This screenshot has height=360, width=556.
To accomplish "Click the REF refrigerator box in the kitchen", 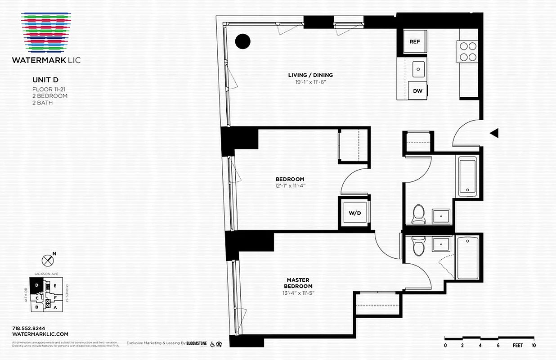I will pos(414,41).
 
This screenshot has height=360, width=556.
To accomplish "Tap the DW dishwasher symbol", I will pos(418,90).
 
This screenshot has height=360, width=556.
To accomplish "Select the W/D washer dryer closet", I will pos(353,212).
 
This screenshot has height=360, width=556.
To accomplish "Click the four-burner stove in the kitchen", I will pos(467,51).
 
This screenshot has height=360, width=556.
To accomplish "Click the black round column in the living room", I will pos(243,41).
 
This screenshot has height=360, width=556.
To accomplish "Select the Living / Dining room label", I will pos(310,75).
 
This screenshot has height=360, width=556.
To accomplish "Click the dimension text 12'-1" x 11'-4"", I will pos(290,185).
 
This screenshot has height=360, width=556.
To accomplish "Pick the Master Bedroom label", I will pos(298,283).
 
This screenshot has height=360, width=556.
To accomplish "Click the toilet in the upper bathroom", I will pos(418,214).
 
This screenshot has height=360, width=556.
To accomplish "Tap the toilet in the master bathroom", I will pos(418,246).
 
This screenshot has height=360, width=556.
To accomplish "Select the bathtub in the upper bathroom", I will pos(468,175).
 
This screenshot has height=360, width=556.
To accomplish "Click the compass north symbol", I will pos(48,260).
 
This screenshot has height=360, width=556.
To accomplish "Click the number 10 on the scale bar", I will pos(534,346).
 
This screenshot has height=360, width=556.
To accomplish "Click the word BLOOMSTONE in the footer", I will pos(197,343).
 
